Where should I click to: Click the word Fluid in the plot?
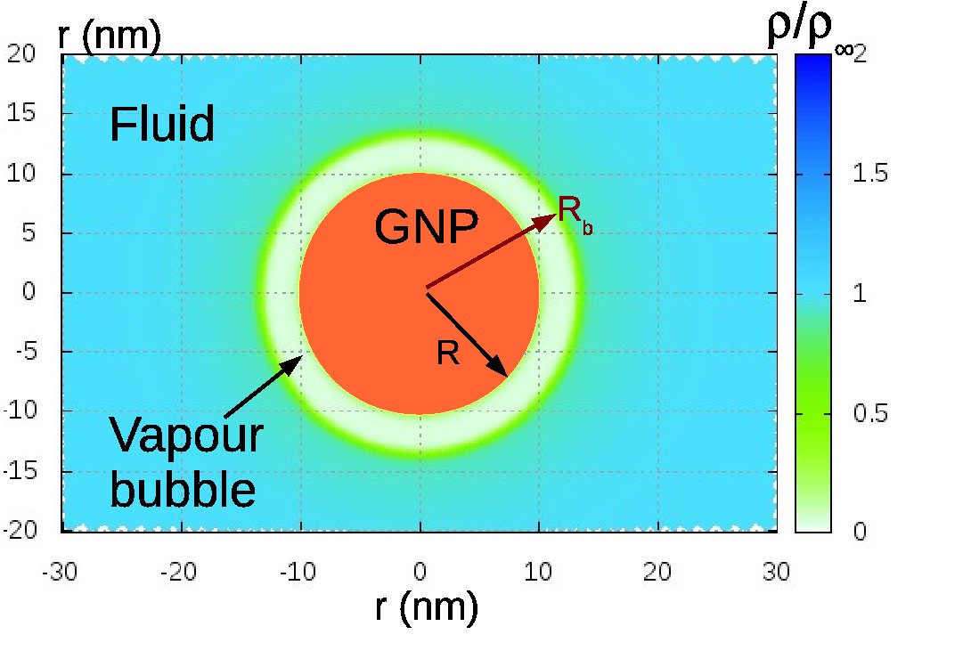[161, 125]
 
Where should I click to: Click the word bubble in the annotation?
[183, 489]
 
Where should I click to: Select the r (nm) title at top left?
[108, 35]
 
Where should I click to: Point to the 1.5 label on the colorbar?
[869, 175]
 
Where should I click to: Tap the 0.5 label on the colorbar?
[869, 413]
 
